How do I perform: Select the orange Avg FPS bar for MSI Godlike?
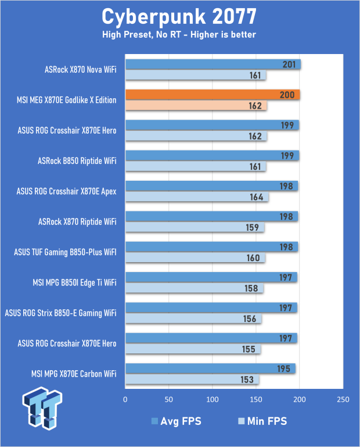pos(213,95)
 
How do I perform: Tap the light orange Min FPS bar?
pos(196,106)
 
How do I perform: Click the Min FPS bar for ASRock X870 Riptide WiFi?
pos(195,227)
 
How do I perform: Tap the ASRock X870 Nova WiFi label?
pos(80,70)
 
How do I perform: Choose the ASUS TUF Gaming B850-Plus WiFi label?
pos(65,252)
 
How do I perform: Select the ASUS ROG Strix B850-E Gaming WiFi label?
pos(60,313)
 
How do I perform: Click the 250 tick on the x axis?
pos(343,400)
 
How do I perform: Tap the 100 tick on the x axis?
pos(213,400)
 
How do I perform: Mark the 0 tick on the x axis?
pos(125,400)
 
